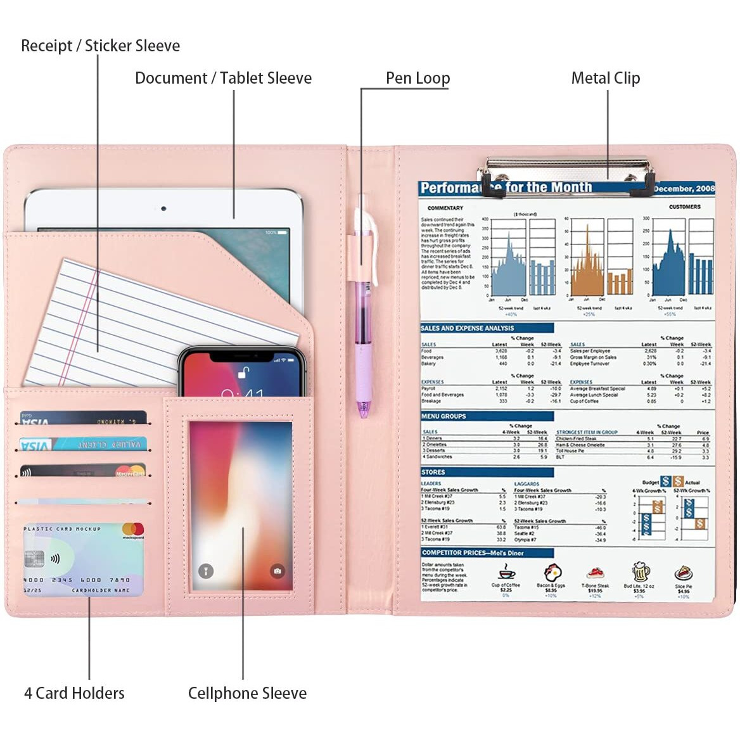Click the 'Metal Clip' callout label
click(x=605, y=78)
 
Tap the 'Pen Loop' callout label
click(x=418, y=78)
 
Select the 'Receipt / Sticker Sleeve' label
click(x=100, y=46)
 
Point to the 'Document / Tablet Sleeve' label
click(x=223, y=78)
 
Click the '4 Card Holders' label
click(x=74, y=692)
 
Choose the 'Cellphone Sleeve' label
click(x=247, y=692)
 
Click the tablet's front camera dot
click(x=163, y=208)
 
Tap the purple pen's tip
click(x=363, y=414)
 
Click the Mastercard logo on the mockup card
click(x=133, y=530)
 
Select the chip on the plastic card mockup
click(x=34, y=559)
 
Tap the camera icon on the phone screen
click(x=277, y=571)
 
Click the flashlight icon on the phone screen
click(x=206, y=571)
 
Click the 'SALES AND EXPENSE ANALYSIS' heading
click(x=467, y=328)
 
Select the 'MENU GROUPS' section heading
click(x=443, y=416)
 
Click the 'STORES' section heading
click(x=433, y=472)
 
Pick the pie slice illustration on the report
click(x=683, y=573)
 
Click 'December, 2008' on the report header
click(x=684, y=188)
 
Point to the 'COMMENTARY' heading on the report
click(x=445, y=208)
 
